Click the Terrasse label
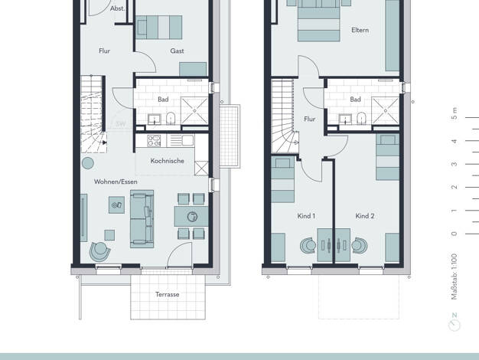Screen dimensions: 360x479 coord(167,294)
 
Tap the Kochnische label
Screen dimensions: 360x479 coord(167,161)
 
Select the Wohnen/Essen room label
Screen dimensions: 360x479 coord(116,182)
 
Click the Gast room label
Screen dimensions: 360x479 coord(177,51)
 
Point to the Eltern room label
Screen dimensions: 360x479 coord(360,31)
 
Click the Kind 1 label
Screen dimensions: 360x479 coord(306,217)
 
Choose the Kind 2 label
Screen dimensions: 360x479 coord(365,217)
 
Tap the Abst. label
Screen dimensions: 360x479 coord(117,8)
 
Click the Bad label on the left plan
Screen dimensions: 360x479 coord(163,100)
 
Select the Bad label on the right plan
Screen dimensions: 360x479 coord(355,100)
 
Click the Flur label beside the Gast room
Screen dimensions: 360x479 coord(105,51)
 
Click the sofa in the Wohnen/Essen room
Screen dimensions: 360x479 coord(142,218)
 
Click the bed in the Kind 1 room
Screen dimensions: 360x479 coord(282,182)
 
